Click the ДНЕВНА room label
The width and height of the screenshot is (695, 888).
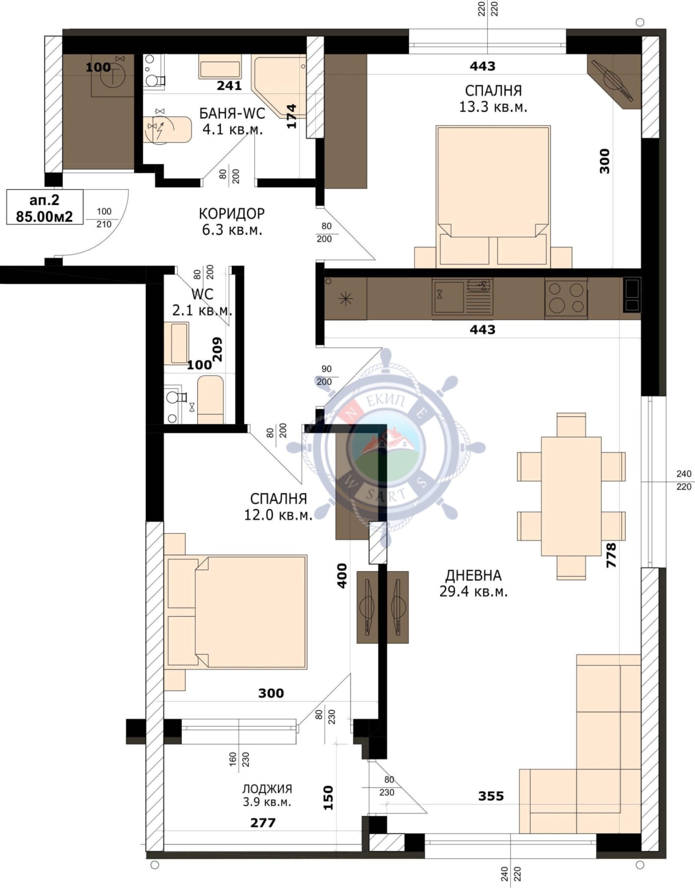click(x=473, y=576)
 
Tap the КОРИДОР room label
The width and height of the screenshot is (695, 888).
click(x=232, y=214)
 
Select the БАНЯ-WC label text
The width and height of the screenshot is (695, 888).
click(x=232, y=113)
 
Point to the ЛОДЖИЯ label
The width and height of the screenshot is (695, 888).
click(x=267, y=789)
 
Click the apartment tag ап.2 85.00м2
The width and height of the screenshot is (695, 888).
click(x=45, y=207)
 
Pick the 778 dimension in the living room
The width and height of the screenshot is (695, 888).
click(x=611, y=555)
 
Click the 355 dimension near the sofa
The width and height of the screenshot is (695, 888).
click(x=491, y=796)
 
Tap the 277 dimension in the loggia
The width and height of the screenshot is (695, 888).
click(x=263, y=822)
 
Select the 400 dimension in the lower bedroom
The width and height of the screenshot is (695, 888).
click(x=342, y=576)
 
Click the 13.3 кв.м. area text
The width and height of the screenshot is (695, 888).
click(x=493, y=107)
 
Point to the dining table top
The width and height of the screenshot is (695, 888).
click(x=571, y=496)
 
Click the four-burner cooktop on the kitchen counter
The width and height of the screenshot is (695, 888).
click(x=566, y=298)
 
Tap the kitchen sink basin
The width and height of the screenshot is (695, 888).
click(x=448, y=297)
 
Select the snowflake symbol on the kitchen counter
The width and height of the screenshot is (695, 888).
click(x=346, y=298)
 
